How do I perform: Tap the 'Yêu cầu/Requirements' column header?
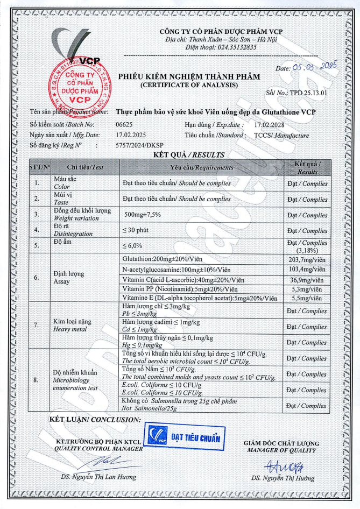tap(202, 167)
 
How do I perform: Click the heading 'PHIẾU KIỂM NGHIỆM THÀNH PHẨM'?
tap(188, 76)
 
